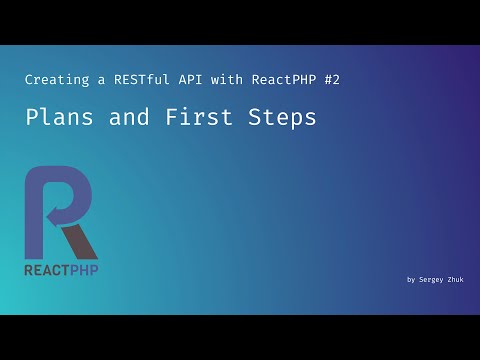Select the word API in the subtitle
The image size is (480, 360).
click(x=185, y=78)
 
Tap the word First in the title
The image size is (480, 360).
click(x=197, y=117)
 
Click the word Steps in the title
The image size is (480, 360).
click(x=283, y=117)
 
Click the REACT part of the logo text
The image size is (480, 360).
click(x=47, y=270)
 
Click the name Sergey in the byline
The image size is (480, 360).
click(x=434, y=280)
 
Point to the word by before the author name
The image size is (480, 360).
click(x=411, y=280)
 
